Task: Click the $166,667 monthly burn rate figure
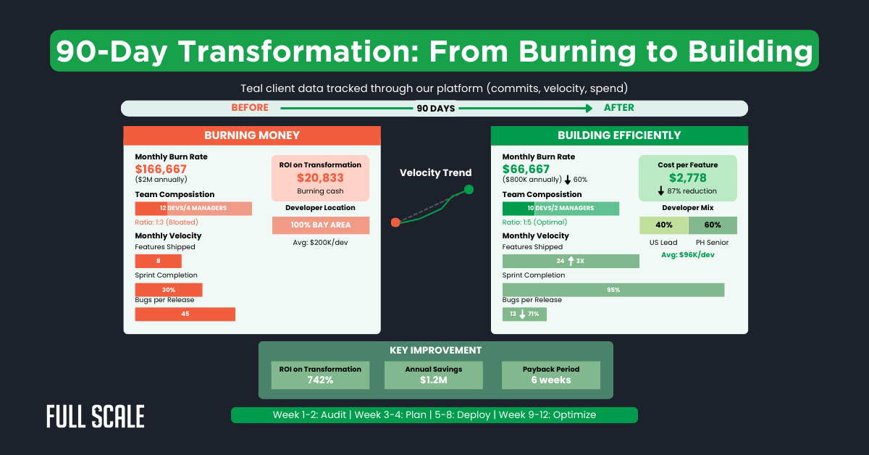pos(161,169)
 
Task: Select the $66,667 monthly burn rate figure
pos(526,169)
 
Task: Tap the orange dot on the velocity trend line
pos(395,222)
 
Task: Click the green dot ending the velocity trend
pos(469,190)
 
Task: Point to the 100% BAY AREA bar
pos(321,225)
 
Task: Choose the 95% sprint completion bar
pos(613,290)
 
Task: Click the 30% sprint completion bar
pos(168,290)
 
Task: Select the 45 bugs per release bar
pos(185,314)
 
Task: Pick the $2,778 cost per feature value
pos(688,178)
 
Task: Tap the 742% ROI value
pos(319,380)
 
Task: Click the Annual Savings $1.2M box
pos(434,375)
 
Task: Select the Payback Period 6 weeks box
pos(550,375)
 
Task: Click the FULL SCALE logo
pos(95,417)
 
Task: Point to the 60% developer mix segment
pos(713,225)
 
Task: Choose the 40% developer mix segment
pos(664,225)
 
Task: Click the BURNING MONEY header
pos(252,135)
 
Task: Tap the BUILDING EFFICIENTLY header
pos(619,135)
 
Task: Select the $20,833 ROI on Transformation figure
pos(320,178)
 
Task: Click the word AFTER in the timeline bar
pos(618,108)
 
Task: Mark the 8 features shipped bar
pos(158,261)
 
